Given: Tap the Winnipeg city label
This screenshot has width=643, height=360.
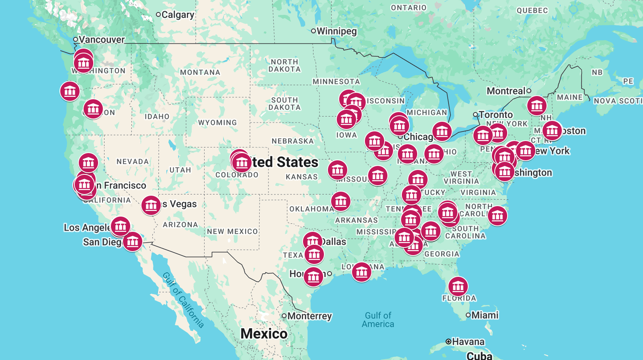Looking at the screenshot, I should tap(336, 31).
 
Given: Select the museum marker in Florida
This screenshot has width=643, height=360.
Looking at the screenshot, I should tap(458, 286).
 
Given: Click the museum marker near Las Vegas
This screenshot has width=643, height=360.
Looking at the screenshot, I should tap(151, 205).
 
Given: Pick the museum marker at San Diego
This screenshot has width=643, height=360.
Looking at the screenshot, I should tap(133, 241).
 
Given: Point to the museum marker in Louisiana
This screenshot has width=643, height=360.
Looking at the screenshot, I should tap(361, 272).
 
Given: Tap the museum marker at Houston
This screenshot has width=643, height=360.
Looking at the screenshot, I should tap(313, 276).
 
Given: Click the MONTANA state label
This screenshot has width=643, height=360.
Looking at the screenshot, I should tap(200, 72).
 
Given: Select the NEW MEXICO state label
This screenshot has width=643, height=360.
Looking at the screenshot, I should tap(232, 231).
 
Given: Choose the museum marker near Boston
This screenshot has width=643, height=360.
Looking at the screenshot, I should tap(552, 131).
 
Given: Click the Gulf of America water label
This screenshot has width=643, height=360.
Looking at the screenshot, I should tap(378, 320).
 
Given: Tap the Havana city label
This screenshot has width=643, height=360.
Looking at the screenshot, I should tap(468, 342).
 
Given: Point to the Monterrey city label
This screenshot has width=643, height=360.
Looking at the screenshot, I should tap(309, 316).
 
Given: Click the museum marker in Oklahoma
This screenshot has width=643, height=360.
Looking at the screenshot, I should tap(341, 201).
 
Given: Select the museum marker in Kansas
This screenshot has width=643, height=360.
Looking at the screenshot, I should tap(337, 170).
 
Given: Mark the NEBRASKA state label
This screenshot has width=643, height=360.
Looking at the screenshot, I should tap(293, 141).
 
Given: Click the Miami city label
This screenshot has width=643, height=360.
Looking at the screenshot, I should tap(485, 315).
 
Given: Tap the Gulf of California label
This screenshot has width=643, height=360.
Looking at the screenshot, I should tap(183, 300).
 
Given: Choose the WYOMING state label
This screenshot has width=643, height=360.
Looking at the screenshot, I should tap(217, 123).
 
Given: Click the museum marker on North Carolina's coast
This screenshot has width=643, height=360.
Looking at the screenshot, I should tap(497, 216).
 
